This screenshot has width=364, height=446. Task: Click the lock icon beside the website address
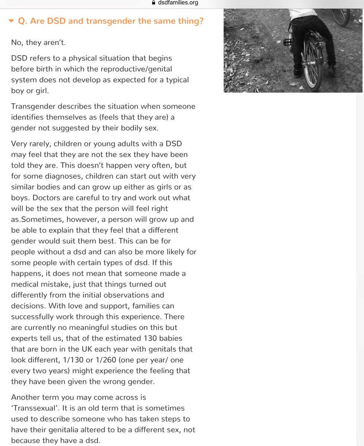(x=151, y=3)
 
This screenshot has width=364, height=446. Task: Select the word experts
(x=25, y=338)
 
